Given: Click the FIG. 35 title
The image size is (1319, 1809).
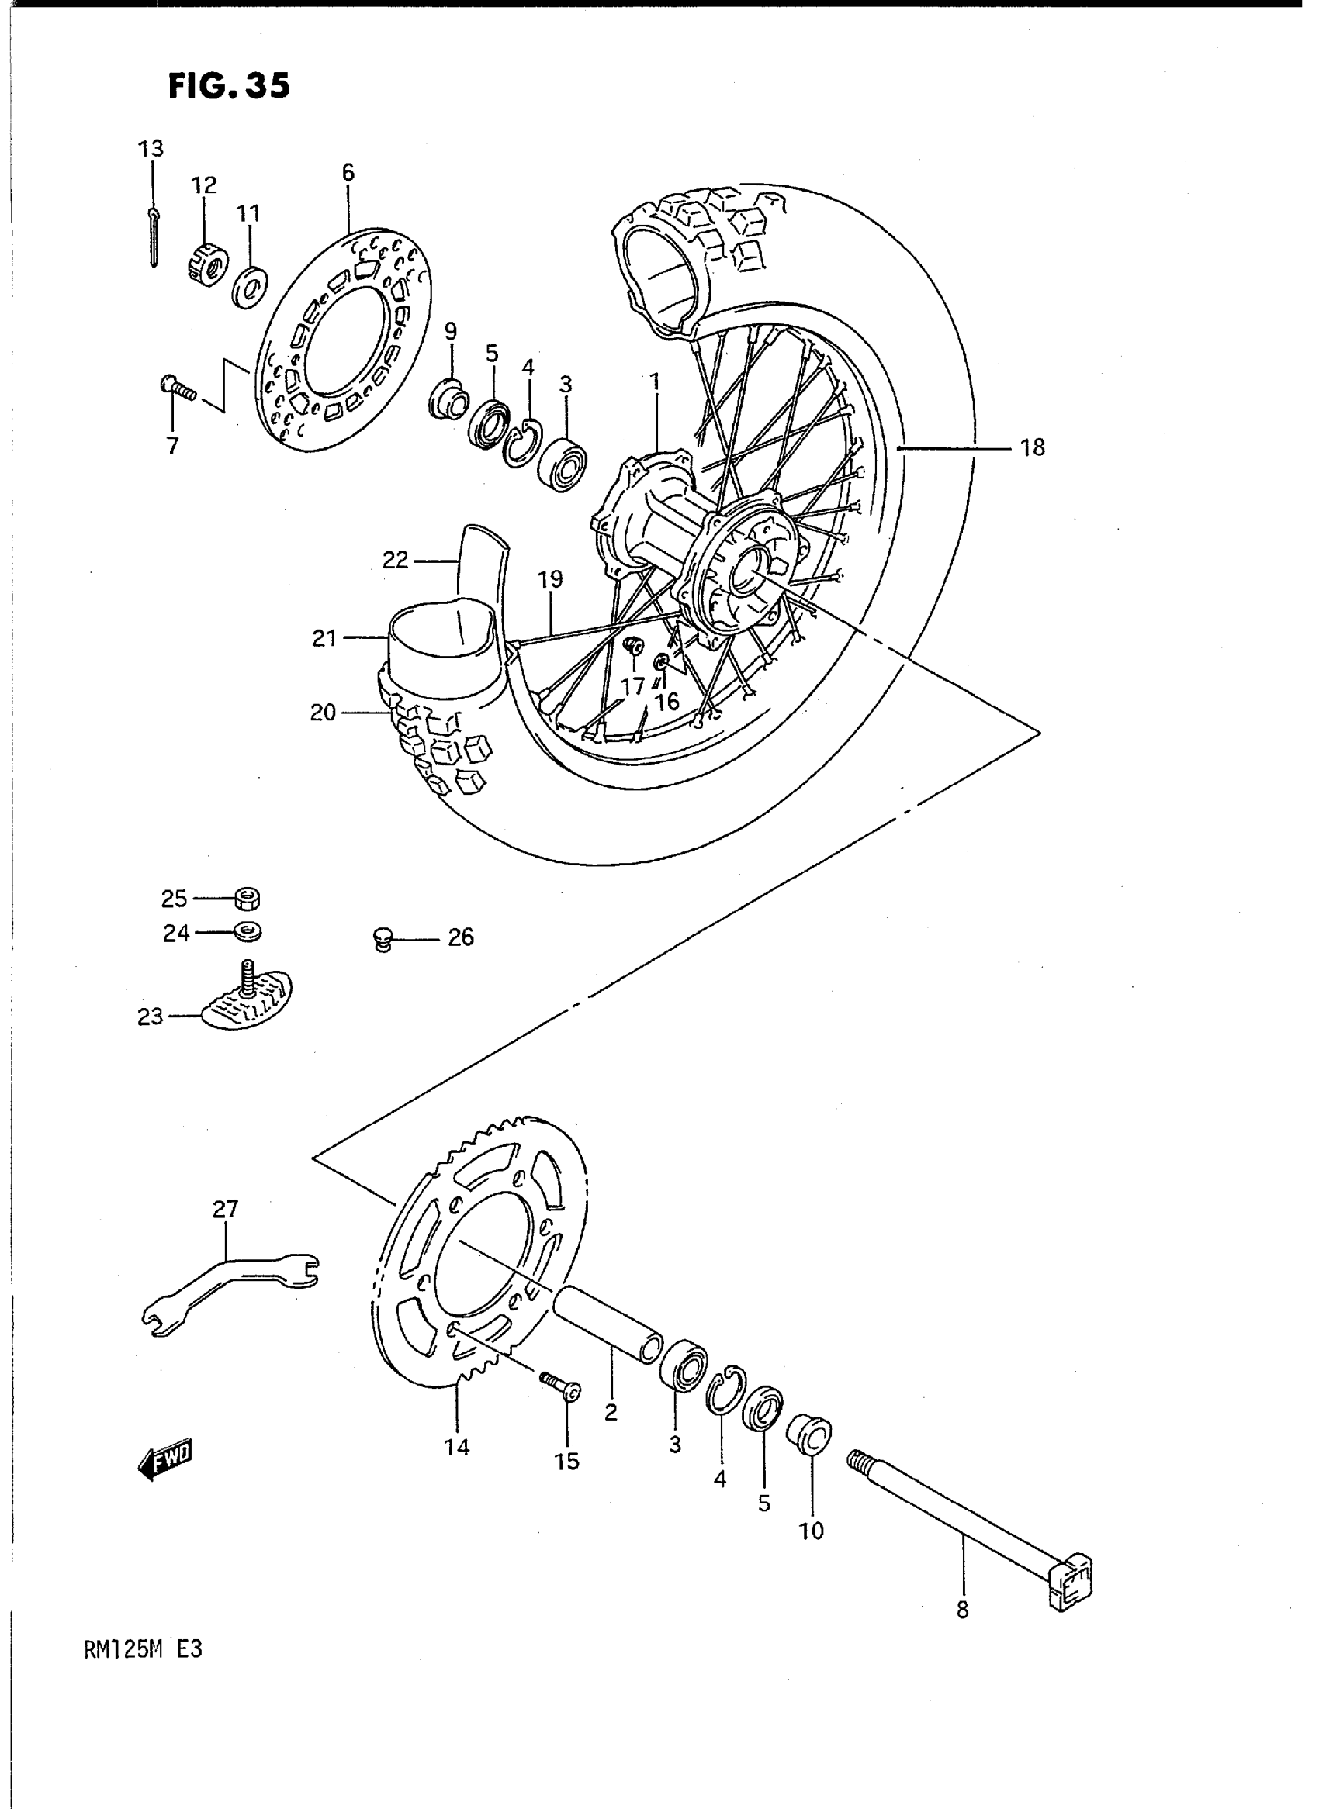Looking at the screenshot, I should coord(228,86).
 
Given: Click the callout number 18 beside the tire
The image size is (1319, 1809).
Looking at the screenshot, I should coord(1033,447).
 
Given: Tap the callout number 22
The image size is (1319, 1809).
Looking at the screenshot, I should coord(395,560).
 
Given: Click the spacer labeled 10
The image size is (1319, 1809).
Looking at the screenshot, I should coord(808,1436).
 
